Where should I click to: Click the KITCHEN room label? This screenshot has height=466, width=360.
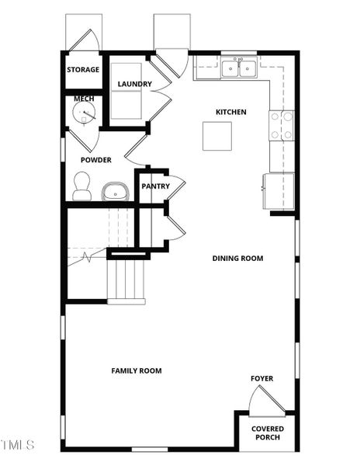pyautogui.click(x=230, y=113)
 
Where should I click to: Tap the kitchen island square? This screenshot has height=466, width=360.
pyautogui.click(x=217, y=136)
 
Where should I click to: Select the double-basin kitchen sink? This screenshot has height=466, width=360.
pyautogui.click(x=239, y=68)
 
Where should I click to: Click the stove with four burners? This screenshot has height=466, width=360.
pyautogui.click(x=282, y=125)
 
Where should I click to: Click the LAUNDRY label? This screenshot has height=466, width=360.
pyautogui.click(x=134, y=84)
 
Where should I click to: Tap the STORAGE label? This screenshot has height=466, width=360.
pyautogui.click(x=83, y=70)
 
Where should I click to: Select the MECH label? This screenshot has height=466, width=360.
pyautogui.click(x=83, y=99)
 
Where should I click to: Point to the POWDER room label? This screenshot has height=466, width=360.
pyautogui.click(x=96, y=160)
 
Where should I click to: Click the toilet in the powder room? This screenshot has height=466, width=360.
pyautogui.click(x=81, y=186)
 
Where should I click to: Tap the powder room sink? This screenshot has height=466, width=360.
pyautogui.click(x=115, y=191)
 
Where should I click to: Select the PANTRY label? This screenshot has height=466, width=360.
pyautogui.click(x=155, y=186)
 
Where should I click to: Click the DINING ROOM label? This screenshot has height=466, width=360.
pyautogui.click(x=237, y=259)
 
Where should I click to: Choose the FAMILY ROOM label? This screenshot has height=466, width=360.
pyautogui.click(x=137, y=371)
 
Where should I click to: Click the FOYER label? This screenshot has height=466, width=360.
pyautogui.click(x=261, y=379)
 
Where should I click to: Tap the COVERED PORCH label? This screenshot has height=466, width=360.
pyautogui.click(x=267, y=433)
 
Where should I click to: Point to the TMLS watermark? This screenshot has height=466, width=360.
pyautogui.click(x=18, y=445)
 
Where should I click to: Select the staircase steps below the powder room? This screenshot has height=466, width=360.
pyautogui.click(x=126, y=281)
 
